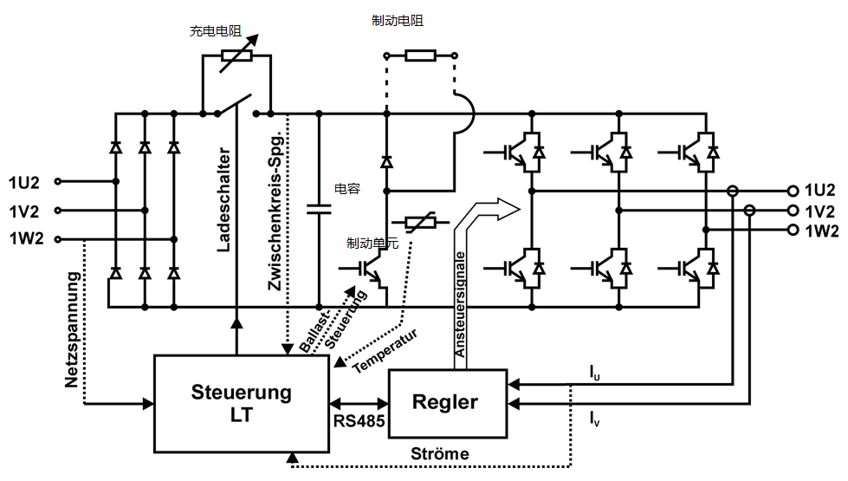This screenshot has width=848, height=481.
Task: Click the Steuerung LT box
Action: tap(241, 403)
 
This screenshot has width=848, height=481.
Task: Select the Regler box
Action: tap(445, 402)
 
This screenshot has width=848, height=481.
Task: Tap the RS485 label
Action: tap(359, 422)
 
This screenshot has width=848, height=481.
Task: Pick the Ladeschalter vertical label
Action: tap(223, 199)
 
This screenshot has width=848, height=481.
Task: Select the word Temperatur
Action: tap(386, 350)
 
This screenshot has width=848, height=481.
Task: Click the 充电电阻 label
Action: tap(214, 31)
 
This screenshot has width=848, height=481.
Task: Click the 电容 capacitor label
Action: tap(346, 188)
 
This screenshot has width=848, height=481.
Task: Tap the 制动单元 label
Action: tap(372, 244)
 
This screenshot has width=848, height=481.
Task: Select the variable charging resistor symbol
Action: tap(236, 56)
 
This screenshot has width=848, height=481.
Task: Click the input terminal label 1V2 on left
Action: tap(24, 211)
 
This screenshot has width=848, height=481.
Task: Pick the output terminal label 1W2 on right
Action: tap(820, 231)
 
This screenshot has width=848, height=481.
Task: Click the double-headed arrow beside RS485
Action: tap(359, 403)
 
